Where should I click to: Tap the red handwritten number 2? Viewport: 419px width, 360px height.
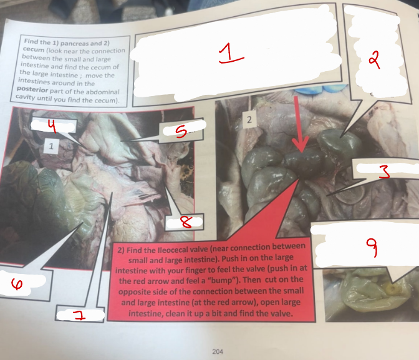click(375, 60)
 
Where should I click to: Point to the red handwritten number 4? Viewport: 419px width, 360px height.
click(52, 126)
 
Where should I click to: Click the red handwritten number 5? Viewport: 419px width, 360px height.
click(181, 132)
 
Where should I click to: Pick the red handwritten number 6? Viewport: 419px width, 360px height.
click(17, 283)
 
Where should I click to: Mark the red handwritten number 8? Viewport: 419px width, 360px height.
click(186, 222)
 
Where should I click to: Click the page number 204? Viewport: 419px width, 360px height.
click(218, 351)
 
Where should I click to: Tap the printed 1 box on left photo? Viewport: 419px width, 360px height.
click(51, 146)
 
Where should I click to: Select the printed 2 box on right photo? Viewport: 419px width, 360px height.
click(249, 119)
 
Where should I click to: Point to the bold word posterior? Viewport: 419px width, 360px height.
click(32, 89)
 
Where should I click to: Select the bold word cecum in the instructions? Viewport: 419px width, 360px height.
click(34, 50)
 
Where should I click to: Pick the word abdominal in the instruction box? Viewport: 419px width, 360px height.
click(104, 92)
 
